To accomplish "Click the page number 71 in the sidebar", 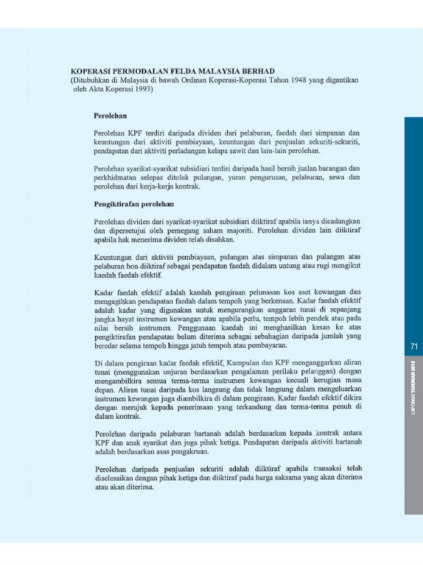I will (x=414, y=346).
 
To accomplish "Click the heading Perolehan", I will (x=110, y=116).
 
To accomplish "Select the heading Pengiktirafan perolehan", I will (x=134, y=204).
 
